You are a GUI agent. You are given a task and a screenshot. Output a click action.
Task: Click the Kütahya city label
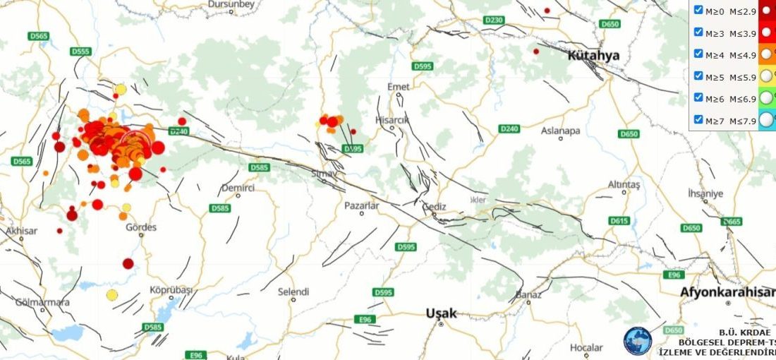pos(593,56)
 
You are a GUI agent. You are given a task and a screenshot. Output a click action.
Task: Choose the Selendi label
pos(293,291)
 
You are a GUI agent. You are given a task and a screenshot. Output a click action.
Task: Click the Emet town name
pos(398,86)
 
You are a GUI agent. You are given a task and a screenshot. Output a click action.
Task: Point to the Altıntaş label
pos(623,184)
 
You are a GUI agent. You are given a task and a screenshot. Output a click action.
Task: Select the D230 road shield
pos(495,20)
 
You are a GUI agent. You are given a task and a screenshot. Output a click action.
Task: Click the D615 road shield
pos(619,221)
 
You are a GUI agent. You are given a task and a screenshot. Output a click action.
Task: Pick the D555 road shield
pos(81,52)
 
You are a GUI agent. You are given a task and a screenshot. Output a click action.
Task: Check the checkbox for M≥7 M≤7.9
pos(698,119)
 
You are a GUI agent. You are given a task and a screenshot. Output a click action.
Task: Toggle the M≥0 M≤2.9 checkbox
pos(698,10)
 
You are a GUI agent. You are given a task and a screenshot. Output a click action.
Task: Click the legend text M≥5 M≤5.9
pos(731,76)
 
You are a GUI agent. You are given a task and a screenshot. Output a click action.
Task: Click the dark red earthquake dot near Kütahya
pos(536,51)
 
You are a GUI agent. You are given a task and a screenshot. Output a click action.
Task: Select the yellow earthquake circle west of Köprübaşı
pos(111,294)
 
